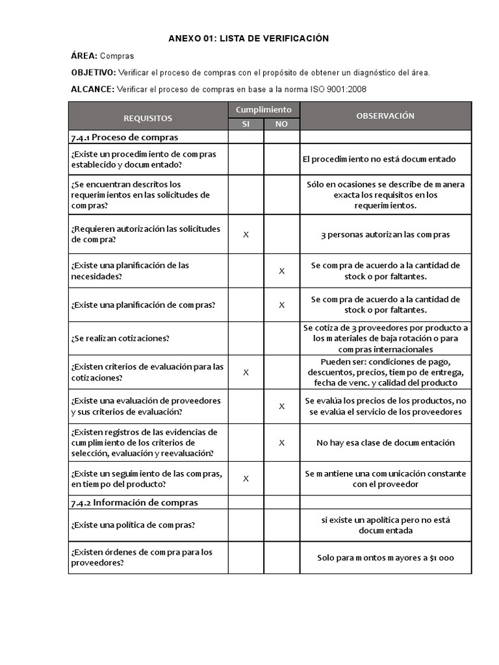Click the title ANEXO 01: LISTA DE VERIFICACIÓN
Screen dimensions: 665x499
click(248, 39)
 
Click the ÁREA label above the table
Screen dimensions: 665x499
click(84, 56)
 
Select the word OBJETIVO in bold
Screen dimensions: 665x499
click(93, 73)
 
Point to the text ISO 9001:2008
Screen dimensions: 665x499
click(343, 89)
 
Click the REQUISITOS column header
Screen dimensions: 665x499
click(147, 118)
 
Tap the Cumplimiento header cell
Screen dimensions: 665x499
click(263, 110)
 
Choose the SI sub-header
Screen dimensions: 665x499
click(246, 124)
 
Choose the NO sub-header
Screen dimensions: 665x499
click(281, 124)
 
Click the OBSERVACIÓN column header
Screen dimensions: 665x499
click(385, 116)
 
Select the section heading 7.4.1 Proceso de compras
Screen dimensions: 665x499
click(124, 137)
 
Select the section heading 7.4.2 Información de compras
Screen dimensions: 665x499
click(134, 503)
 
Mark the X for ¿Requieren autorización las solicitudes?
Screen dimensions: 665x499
click(246, 234)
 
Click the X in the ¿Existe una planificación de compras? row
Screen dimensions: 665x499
click(281, 305)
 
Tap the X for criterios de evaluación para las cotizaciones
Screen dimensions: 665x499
click(246, 372)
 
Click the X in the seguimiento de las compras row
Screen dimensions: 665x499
click(246, 479)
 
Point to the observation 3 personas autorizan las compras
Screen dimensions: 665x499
click(385, 234)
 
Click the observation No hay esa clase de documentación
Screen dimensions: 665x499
click(385, 442)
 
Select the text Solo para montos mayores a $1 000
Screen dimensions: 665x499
click(385, 558)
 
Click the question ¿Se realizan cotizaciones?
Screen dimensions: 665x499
click(122, 338)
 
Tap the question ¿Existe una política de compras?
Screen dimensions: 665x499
click(133, 525)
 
